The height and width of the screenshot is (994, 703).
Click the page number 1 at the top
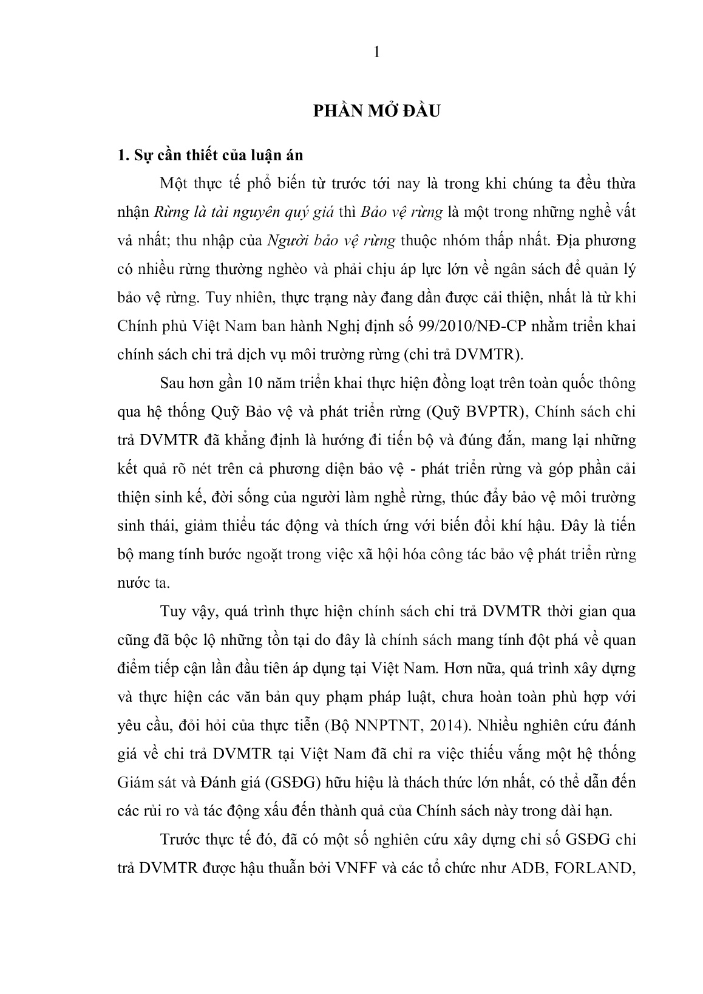[376, 53]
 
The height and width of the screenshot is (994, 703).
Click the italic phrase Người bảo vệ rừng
[331, 241]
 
